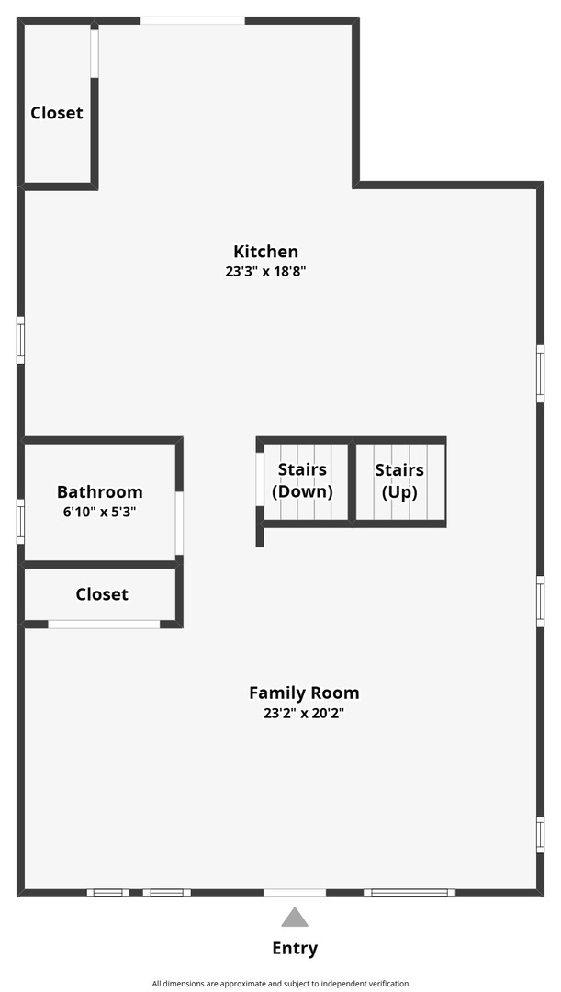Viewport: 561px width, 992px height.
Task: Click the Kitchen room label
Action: pos(265,252)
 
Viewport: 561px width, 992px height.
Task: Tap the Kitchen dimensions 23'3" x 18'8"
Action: pos(265,272)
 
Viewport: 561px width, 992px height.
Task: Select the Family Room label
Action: pos(304,693)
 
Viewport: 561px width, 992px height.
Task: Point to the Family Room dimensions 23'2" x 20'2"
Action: pos(304,714)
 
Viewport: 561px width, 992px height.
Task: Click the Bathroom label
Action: pos(100,491)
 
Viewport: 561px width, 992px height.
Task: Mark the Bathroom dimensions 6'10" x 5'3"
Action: pos(100,512)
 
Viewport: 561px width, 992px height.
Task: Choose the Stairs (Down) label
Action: pos(302,480)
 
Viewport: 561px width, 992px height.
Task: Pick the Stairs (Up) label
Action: pos(399,480)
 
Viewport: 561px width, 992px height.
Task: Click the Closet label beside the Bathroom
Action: pos(102,594)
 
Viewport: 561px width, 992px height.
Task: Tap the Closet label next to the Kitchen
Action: pos(57,113)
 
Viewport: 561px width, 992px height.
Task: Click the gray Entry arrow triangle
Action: pos(295,918)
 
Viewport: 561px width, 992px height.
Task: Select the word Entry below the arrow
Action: pos(295,948)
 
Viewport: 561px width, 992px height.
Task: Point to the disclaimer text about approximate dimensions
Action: pos(280,984)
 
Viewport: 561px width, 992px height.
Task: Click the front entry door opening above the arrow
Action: pos(295,893)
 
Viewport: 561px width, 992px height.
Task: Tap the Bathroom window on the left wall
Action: pos(21,522)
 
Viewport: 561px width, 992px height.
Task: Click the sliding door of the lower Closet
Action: pos(105,625)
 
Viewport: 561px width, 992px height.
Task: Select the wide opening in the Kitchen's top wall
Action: pos(192,20)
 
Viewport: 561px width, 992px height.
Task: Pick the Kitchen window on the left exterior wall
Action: pos(21,341)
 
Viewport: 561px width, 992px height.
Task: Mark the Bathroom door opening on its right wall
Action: pos(180,524)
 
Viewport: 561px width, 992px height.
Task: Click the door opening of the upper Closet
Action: pos(95,54)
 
